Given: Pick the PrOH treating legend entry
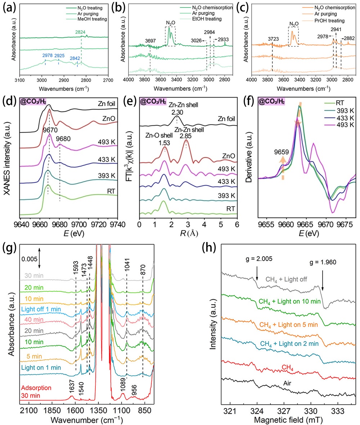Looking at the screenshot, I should (x=329, y=19).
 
